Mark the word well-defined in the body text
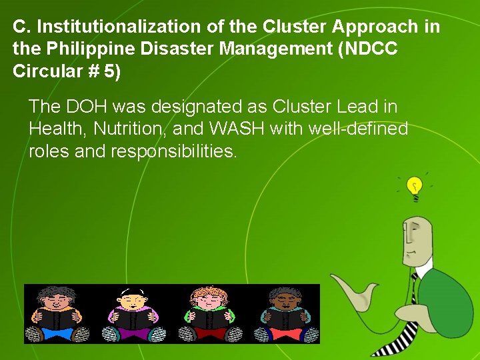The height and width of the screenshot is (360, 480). pos(357,129)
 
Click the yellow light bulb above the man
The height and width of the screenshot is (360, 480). pos(415,186)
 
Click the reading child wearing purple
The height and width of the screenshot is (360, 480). pos(133,313)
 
